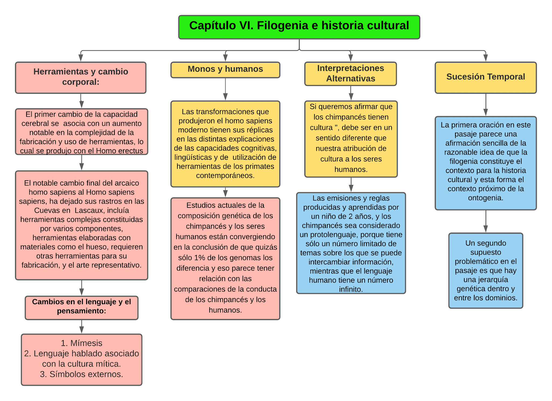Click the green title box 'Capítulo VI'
coord(299,27)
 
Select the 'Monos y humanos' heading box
coord(225,70)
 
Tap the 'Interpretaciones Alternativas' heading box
coord(350,74)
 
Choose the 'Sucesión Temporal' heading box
coord(485,77)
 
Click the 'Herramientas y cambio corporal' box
coord(81,77)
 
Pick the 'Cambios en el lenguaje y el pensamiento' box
coord(81,307)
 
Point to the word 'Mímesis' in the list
coord(86,343)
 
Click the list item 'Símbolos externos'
coord(86,374)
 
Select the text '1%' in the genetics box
coord(200,258)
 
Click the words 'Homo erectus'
coord(119,151)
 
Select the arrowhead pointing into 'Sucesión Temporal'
coord(485,58)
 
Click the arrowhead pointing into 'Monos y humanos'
coord(225,58)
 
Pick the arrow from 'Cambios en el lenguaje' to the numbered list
coord(82,327)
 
